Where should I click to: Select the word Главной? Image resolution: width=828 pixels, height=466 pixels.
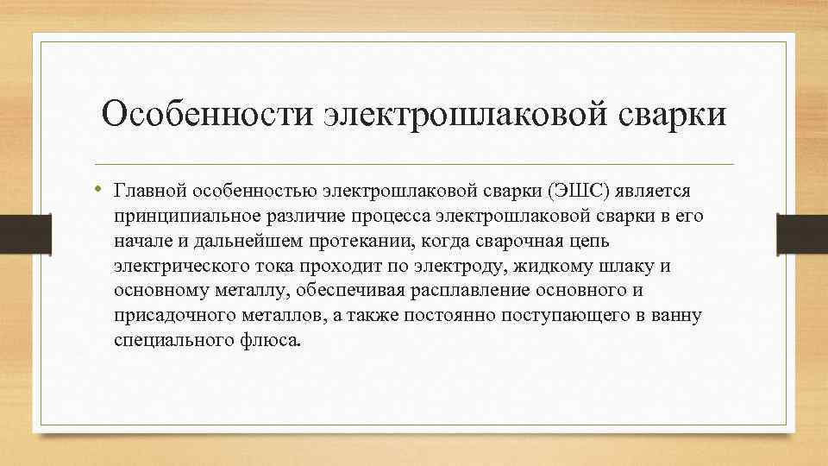[150, 189]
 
